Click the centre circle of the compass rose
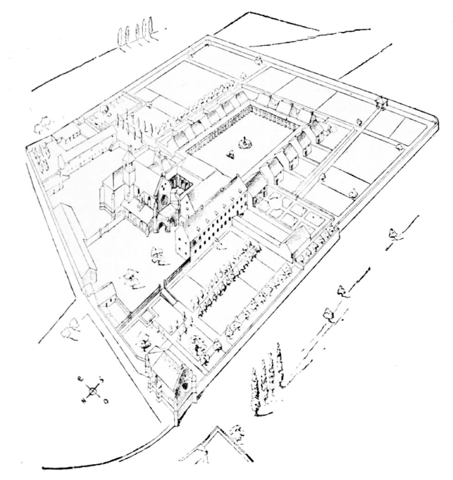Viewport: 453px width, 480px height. point(93,391)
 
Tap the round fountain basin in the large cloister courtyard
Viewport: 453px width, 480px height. point(244,145)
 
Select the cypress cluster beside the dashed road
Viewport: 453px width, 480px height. point(266,375)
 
